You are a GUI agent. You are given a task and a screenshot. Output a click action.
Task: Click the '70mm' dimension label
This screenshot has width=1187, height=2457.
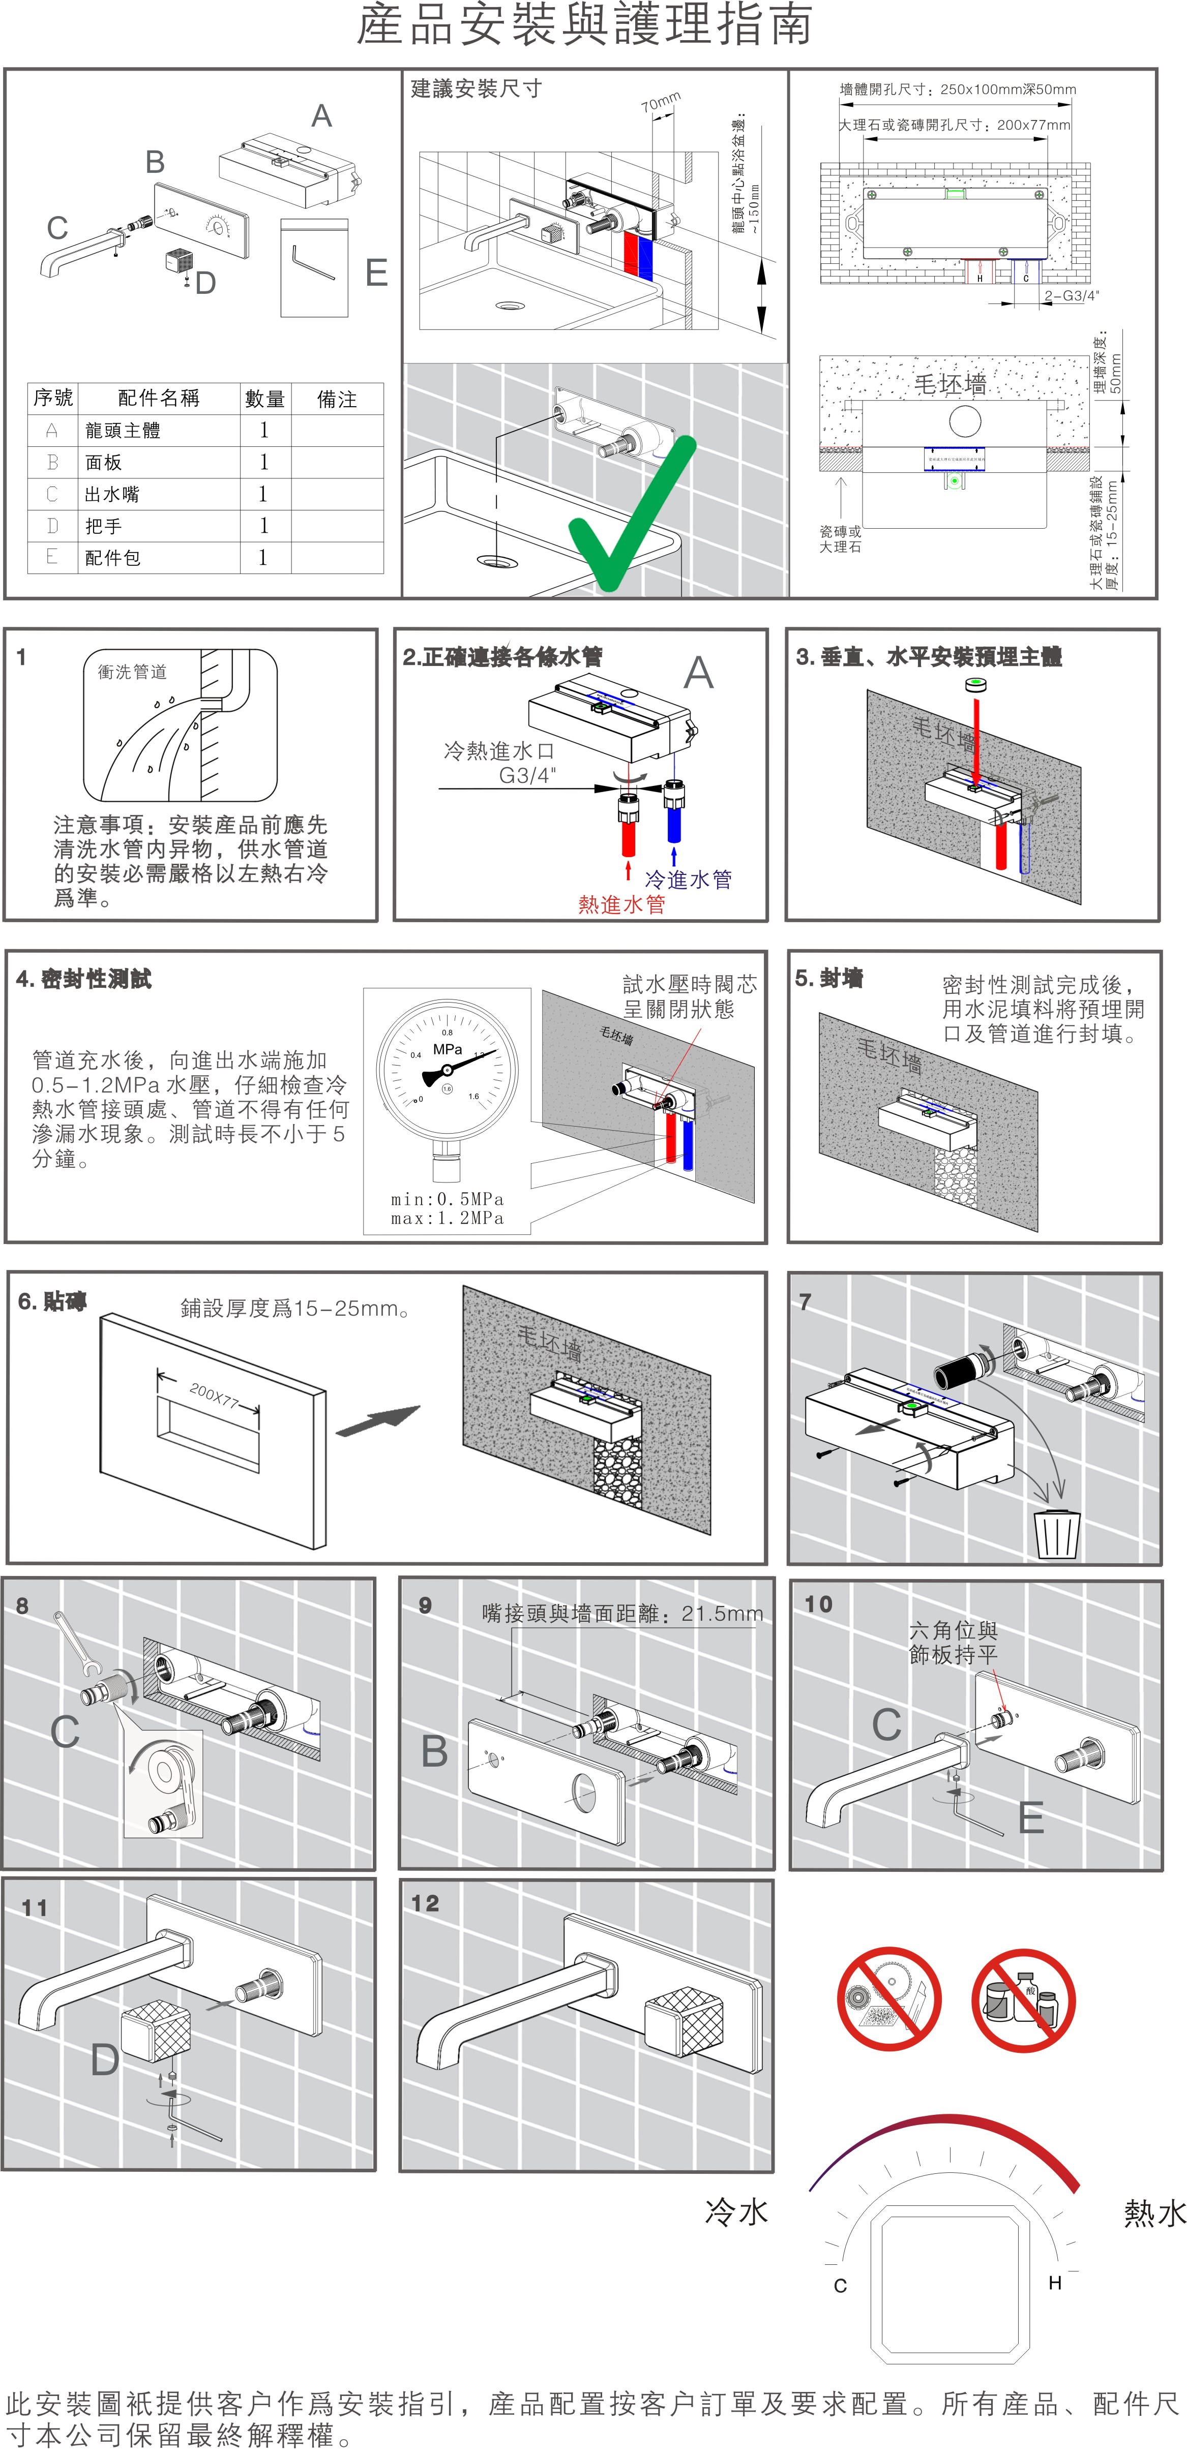click(x=660, y=101)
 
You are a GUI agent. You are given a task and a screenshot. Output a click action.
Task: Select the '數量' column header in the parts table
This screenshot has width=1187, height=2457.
click(x=264, y=399)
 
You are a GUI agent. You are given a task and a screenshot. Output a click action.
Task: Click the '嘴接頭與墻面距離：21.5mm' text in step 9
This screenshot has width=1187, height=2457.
click(x=622, y=1614)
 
